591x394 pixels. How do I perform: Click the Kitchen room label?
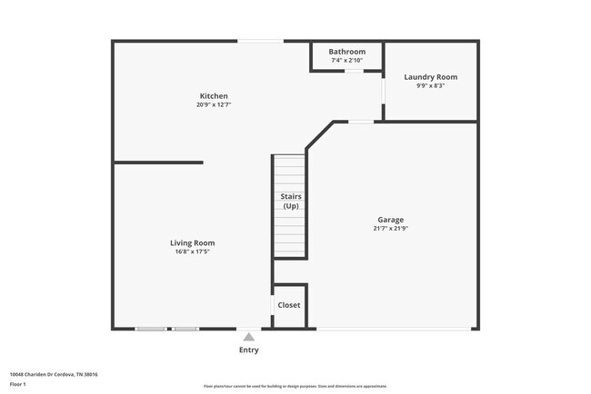coord(214,96)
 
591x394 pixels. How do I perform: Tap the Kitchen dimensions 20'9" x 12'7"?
coord(214,105)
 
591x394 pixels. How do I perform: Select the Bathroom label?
coord(346,52)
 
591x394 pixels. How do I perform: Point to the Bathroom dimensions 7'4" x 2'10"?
coord(346,60)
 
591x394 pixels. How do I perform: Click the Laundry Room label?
coord(430,77)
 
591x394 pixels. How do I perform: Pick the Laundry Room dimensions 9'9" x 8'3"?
coord(430,85)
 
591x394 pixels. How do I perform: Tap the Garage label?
coord(391,220)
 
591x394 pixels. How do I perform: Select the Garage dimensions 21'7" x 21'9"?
coord(391,229)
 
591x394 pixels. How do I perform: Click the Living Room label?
coord(192,242)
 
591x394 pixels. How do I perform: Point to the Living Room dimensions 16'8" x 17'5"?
coord(192,251)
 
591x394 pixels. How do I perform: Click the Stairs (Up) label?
coord(291,201)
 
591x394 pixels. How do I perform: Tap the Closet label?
coord(289,305)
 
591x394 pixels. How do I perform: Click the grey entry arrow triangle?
coord(248,336)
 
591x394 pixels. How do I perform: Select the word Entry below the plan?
coord(248,350)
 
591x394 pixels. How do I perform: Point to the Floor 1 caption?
coord(18,384)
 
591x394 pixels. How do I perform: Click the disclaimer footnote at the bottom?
coord(295,386)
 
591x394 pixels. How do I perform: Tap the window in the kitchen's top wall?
coord(260,41)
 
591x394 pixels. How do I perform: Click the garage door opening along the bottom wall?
coord(395,329)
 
